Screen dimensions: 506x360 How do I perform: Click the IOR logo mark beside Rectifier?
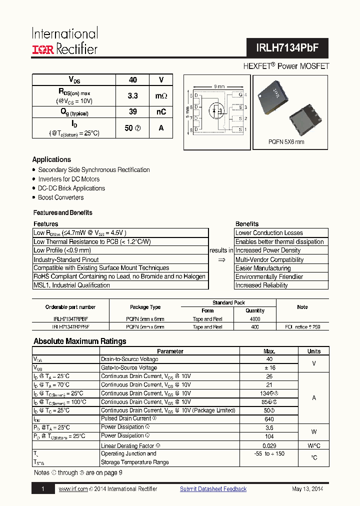[43, 49]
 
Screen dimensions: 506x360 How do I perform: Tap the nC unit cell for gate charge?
[161, 112]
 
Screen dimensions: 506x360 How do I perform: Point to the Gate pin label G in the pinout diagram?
[240, 94]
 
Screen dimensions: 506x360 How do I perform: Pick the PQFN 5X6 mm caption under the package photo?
[286, 142]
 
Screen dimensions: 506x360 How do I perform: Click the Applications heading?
[51, 159]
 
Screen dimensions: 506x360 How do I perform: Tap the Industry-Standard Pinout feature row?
[66, 259]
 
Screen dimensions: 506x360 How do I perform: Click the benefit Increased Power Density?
[268, 250]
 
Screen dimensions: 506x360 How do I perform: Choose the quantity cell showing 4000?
[254, 318]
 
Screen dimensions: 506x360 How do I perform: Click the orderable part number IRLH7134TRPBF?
[70, 318]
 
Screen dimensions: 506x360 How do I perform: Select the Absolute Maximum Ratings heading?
[79, 341]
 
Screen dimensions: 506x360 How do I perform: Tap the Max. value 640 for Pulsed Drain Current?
[269, 419]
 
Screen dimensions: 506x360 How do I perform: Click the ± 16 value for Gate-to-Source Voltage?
[269, 367]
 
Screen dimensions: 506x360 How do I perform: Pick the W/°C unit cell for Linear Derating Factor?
[314, 445]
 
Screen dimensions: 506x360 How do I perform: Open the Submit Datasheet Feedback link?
[213, 489]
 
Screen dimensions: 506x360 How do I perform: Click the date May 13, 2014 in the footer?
[307, 489]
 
